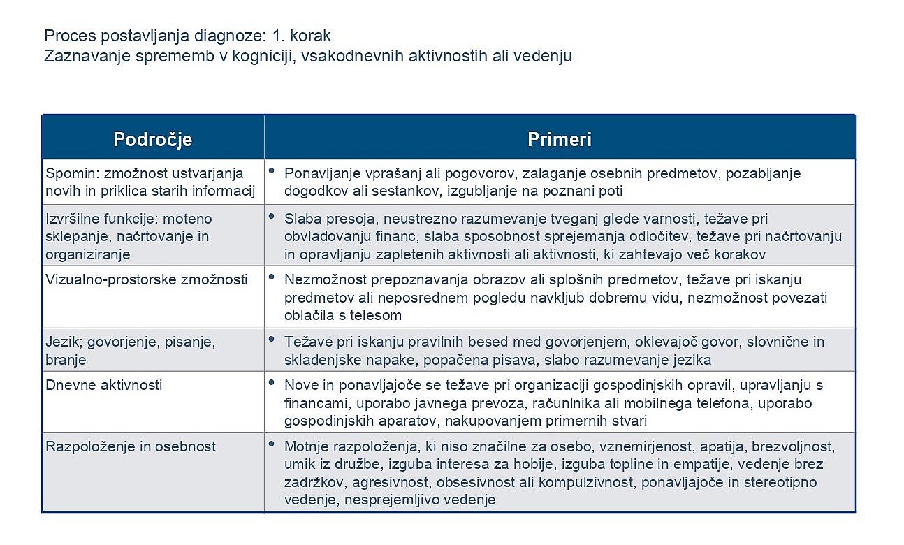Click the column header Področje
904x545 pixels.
(152, 140)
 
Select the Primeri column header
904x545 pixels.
(560, 139)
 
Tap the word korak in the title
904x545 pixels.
(310, 36)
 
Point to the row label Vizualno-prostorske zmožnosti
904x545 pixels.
(146, 279)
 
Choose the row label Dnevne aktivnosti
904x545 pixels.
(103, 385)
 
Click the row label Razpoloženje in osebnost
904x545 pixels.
(131, 446)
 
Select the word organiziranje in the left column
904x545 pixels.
(87, 255)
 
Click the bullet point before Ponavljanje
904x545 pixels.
(271, 170)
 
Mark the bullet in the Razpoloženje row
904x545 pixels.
(271, 444)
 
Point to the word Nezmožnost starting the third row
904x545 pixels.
(325, 279)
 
